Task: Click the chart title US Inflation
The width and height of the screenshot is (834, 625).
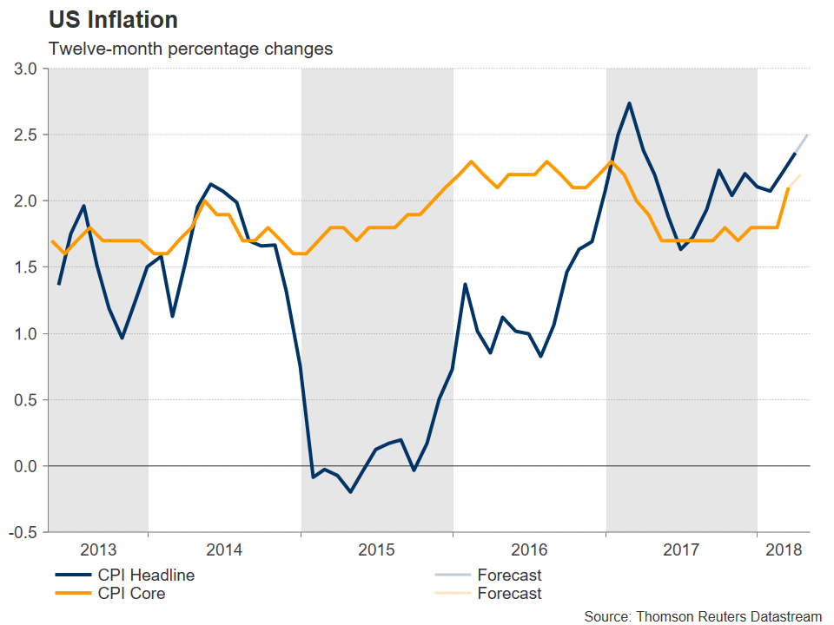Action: coord(113,20)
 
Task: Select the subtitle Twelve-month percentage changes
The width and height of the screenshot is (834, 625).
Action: coord(190,49)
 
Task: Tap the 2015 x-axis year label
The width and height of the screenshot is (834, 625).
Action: coord(377,550)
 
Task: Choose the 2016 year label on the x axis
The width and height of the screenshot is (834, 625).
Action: coord(529,550)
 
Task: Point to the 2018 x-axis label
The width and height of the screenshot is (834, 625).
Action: coord(784,550)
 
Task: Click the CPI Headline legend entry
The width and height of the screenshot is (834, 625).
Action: coord(143,575)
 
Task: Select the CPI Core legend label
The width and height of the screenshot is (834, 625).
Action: coord(129,594)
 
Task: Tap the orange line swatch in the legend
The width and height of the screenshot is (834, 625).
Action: coord(74,594)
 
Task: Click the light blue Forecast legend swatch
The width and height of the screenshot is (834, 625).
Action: coord(452,575)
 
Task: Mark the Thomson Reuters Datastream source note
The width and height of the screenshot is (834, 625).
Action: coord(703,615)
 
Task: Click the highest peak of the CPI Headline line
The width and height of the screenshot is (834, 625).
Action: coord(629,103)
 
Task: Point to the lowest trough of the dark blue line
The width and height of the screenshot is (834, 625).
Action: coord(351,492)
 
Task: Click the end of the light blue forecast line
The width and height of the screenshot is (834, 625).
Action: coord(809,135)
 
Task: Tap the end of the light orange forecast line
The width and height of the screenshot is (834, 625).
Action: coord(800,175)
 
